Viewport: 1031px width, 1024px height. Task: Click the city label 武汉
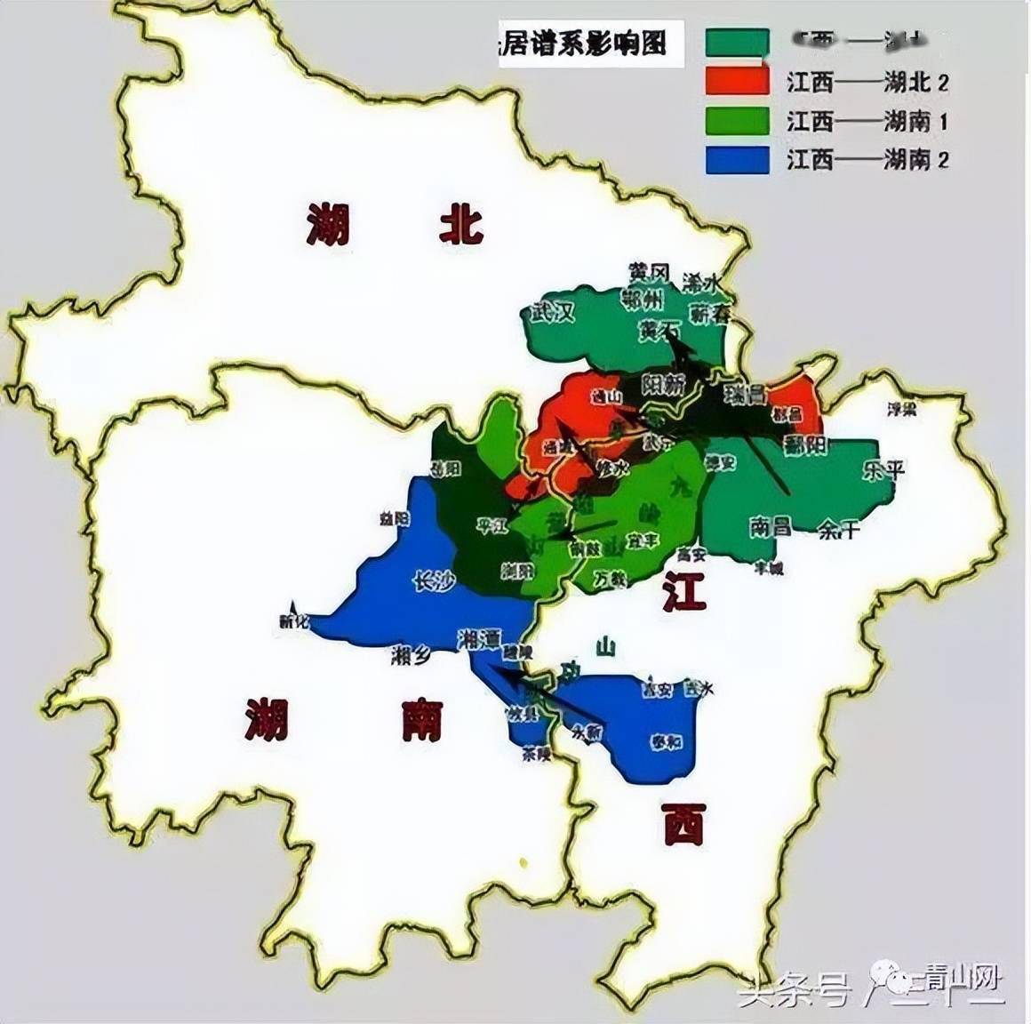[553, 312]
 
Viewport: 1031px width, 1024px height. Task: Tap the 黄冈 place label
[648, 272]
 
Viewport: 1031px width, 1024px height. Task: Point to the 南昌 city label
[770, 526]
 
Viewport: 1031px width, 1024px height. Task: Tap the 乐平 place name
[883, 469]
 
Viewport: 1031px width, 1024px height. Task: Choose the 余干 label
[839, 531]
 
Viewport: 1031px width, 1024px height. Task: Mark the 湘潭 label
[479, 638]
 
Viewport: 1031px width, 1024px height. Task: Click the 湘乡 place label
[411, 657]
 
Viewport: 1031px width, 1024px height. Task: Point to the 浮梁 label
[902, 409]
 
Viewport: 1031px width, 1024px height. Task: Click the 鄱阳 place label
[806, 444]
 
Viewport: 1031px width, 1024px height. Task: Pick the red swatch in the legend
[737, 81]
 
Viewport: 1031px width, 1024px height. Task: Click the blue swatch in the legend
[737, 160]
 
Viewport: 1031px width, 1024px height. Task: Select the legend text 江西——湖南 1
[867, 121]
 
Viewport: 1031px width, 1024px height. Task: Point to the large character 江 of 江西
[683, 591]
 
